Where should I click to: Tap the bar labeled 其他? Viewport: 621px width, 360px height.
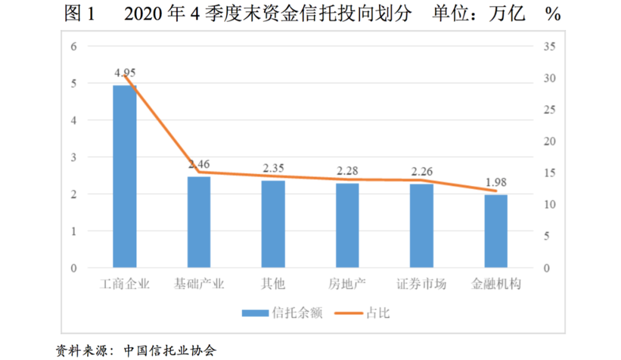pos(273,224)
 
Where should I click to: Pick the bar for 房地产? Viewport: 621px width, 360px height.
pos(347,225)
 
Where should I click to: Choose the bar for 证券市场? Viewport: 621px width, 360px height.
pos(421,226)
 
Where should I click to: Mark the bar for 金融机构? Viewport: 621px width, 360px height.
pos(496,231)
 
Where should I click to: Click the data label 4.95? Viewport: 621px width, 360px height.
pos(125,73)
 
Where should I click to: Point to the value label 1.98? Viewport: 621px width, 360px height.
pos(496,182)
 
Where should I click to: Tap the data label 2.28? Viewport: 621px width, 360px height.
pos(347,171)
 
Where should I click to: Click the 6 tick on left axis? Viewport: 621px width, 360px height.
pos(73,47)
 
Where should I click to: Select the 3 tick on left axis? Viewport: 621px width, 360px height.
pos(73,158)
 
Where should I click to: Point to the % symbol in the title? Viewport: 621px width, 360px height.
pos(553,15)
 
